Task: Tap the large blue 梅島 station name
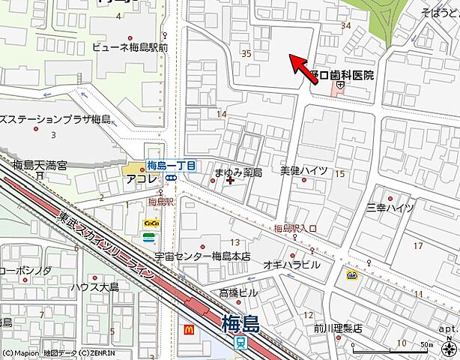(x=240, y=324)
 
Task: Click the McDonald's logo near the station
(x=189, y=328)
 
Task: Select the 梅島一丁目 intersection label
(x=171, y=166)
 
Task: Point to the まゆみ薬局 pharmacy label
(x=237, y=172)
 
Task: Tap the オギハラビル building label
(x=291, y=265)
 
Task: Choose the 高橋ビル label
(x=238, y=292)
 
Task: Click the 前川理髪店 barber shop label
(x=338, y=327)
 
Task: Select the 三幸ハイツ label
(x=390, y=207)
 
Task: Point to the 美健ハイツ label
(x=303, y=171)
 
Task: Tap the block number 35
(x=246, y=53)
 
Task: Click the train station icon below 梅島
(x=240, y=343)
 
